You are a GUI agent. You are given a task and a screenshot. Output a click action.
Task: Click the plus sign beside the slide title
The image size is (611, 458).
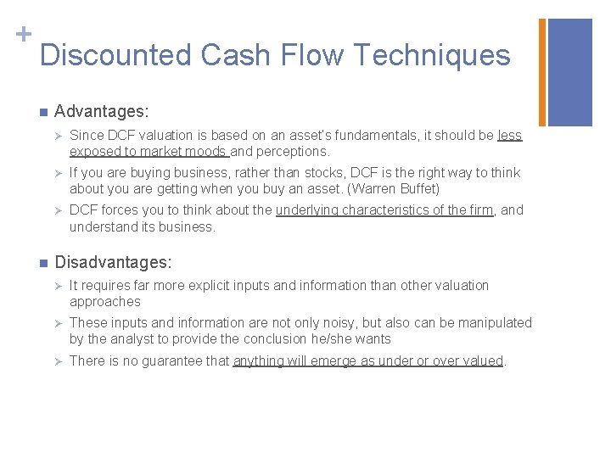click(x=24, y=34)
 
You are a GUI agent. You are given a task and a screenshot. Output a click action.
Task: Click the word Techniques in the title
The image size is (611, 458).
click(x=431, y=55)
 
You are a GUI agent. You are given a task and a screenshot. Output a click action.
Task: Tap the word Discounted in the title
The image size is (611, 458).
click(x=115, y=55)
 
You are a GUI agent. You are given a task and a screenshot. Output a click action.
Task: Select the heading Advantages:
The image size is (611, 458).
click(x=102, y=111)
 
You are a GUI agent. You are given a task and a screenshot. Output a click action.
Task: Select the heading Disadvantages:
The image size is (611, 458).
click(x=113, y=263)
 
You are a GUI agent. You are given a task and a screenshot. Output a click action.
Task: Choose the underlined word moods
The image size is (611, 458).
click(x=207, y=152)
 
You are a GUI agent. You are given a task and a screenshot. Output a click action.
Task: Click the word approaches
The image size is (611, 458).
click(x=105, y=302)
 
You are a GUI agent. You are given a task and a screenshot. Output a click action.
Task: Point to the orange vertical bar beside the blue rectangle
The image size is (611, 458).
click(x=543, y=72)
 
